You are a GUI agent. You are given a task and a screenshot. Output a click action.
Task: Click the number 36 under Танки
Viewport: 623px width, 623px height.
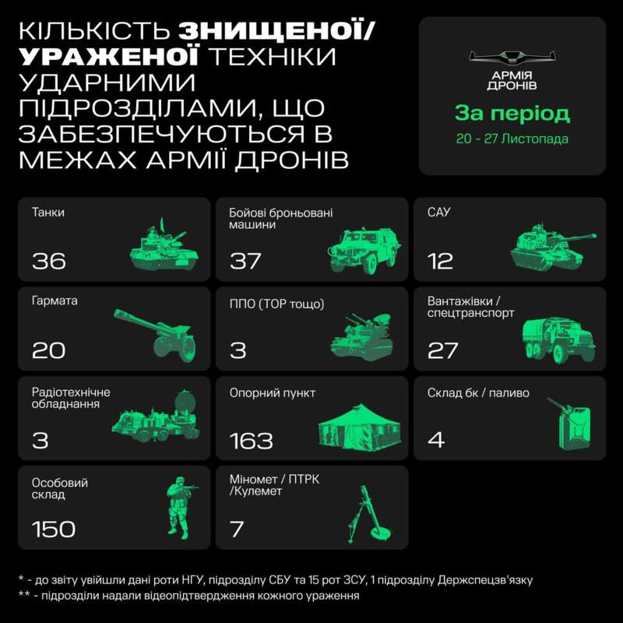(49, 261)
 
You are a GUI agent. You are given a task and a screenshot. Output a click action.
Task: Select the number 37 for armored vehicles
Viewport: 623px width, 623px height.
(246, 261)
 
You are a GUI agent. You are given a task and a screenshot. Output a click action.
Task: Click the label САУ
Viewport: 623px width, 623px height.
(439, 213)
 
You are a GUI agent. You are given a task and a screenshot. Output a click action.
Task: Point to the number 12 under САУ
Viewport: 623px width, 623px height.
(440, 261)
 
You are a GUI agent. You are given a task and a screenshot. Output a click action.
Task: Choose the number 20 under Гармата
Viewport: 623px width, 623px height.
(48, 350)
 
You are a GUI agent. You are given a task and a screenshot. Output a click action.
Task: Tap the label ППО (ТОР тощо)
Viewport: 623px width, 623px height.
(276, 303)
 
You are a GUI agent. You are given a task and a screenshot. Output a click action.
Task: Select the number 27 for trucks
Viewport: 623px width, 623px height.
(443, 350)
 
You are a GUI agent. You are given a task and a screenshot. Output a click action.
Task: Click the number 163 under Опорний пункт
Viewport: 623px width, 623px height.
(252, 441)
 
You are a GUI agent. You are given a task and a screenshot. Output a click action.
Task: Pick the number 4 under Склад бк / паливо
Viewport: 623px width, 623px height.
(436, 441)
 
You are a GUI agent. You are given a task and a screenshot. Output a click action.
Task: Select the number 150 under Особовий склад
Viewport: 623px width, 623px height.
(54, 530)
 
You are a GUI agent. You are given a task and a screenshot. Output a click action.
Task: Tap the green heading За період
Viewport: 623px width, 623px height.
(512, 114)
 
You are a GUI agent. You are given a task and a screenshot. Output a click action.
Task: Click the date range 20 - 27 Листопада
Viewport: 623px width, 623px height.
(512, 139)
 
